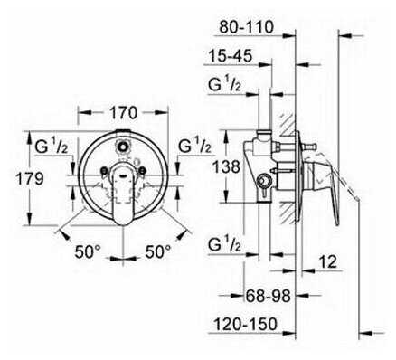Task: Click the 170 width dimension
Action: coord(123,113)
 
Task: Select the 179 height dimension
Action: coord(29,179)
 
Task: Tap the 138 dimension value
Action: coord(226,166)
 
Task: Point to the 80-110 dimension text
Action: coord(246,27)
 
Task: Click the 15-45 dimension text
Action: coord(230,56)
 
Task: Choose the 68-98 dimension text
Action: coord(268,296)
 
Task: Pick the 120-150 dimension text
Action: coord(245,324)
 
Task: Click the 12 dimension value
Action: coord(327,261)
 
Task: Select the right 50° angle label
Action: coord(158,251)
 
